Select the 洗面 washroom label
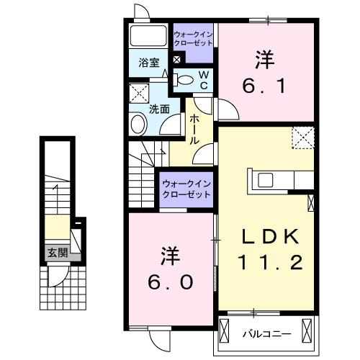[158, 109]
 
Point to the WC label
[203, 79]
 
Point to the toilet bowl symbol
[184, 79]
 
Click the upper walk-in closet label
[193, 37]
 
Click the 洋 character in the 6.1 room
[264, 57]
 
